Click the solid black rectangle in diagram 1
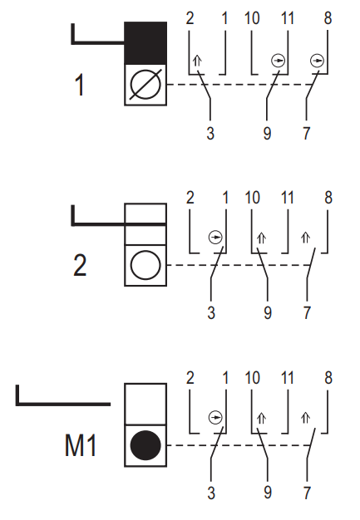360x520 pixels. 145,43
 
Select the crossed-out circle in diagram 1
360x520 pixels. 145,85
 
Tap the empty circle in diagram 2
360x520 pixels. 145,265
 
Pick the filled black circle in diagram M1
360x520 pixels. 145,445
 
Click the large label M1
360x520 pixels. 81,445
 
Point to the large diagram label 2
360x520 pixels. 80,265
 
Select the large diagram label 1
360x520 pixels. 79,85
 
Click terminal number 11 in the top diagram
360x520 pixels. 288,18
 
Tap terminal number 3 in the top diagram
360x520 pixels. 210,133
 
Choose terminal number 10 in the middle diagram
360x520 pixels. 252,198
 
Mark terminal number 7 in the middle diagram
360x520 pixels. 307,312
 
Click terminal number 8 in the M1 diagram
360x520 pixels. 328,378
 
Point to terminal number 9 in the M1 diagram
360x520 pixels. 268,493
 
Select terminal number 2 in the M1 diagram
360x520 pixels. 190,378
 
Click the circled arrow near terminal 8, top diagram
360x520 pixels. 317,61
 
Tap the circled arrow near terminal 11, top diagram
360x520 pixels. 278,61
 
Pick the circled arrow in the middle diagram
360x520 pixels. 215,238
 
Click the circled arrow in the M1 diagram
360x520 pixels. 215,418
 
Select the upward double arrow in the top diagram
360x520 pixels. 197,61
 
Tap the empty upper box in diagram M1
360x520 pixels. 145,404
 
